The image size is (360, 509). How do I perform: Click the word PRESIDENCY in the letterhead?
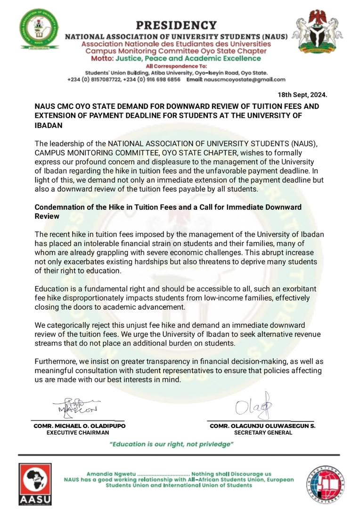pyautogui.click(x=176, y=25)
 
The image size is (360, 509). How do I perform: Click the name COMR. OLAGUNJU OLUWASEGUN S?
pyautogui.click(x=262, y=426)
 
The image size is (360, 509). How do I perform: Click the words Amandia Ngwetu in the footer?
pyautogui.click(x=109, y=474)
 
